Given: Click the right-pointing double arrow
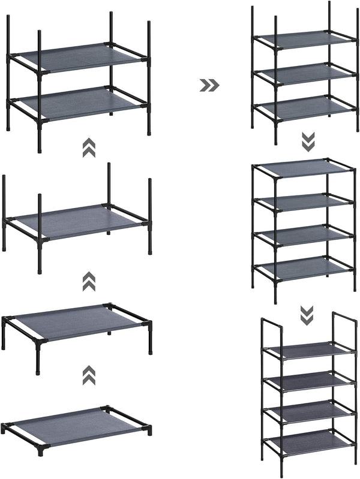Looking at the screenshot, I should coord(209,86).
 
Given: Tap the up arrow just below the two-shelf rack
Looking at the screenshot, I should coord(89,147).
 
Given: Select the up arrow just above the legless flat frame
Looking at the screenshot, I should coord(89,375).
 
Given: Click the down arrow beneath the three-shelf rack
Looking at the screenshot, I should coord(307,142).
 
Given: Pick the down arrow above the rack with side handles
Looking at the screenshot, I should coord(307,313).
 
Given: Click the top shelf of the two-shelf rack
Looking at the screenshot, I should coord(77,57).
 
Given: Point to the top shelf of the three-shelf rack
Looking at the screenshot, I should coord(306,40).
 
